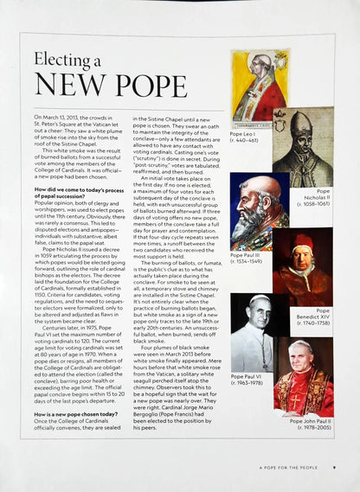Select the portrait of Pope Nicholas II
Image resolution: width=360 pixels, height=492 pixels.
303,145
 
